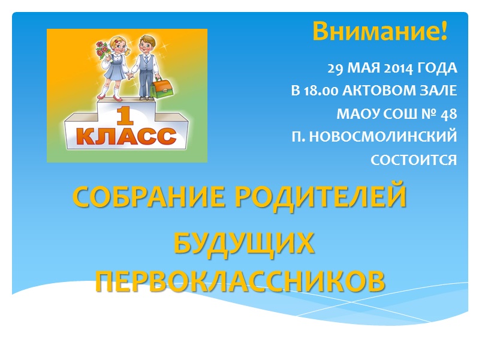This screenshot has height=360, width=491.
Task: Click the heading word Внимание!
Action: click(x=380, y=31)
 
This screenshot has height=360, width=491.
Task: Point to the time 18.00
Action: click(x=321, y=91)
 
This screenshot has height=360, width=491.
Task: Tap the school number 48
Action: click(x=448, y=115)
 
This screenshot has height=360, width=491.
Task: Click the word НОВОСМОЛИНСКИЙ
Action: click(x=383, y=137)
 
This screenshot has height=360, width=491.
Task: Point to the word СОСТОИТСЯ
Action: click(x=414, y=160)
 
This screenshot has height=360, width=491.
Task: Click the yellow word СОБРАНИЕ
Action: click(x=149, y=196)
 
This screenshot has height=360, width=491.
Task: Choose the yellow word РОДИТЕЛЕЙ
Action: click(x=321, y=196)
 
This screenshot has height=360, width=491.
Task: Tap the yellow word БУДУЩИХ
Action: click(x=244, y=243)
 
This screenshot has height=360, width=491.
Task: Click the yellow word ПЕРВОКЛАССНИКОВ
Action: click(x=240, y=281)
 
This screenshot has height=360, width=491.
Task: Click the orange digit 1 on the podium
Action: click(x=125, y=116)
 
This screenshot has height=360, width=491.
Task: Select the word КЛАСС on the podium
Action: click(x=126, y=136)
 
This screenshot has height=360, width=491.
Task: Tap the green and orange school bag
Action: click(x=162, y=88)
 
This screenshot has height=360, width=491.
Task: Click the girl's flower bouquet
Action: click(x=103, y=50)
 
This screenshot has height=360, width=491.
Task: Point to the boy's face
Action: click(x=147, y=46)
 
